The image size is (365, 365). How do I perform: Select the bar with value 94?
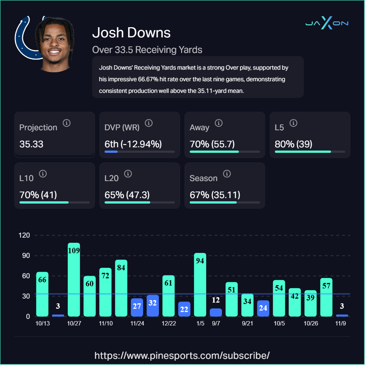200,285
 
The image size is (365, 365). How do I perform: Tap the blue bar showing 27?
137,307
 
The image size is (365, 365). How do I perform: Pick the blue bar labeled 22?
184,309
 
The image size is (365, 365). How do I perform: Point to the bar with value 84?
121,288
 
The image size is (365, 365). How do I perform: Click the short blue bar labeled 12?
216,312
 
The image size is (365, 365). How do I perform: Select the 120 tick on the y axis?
25,235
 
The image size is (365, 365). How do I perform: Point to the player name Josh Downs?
131,33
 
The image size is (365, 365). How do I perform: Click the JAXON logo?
327,24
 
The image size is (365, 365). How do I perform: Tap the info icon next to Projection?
66,123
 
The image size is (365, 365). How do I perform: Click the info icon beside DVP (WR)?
148,123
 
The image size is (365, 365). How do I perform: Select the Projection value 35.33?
31,144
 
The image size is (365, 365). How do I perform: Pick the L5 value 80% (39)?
294,144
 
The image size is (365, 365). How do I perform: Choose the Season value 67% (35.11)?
215,195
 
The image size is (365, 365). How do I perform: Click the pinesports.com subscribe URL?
182,355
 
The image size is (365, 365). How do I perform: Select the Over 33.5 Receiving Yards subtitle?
147,50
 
